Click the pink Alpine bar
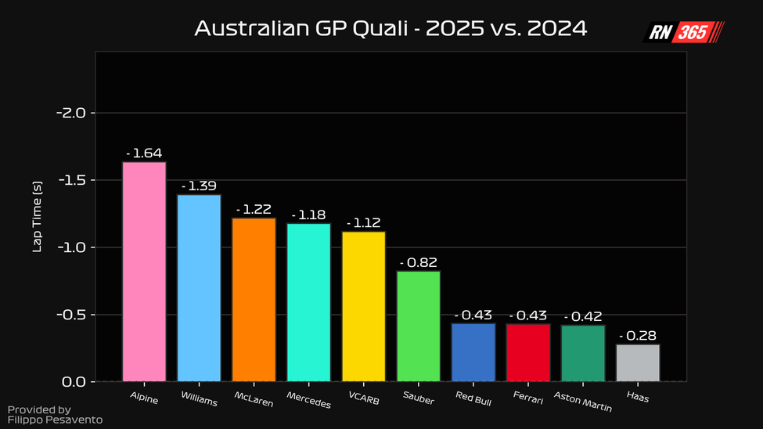click(144, 272)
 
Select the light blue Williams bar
click(199, 288)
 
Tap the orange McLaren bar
click(254, 300)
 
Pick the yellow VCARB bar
click(363, 306)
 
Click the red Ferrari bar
click(527, 352)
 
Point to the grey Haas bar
click(637, 362)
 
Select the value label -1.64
click(144, 153)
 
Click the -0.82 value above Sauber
click(418, 262)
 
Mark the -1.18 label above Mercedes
click(308, 214)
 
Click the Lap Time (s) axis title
click(37, 217)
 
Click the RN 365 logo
click(682, 32)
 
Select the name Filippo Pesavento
click(55, 420)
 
